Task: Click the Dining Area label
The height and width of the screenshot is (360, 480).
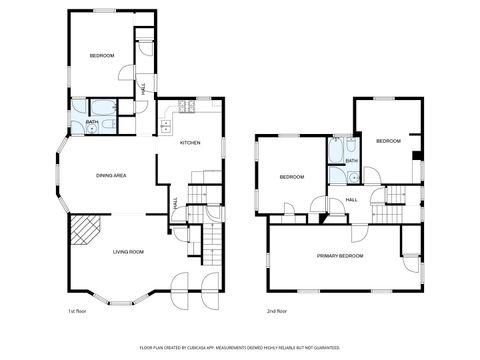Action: click(x=110, y=176)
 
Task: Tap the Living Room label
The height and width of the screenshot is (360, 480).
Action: click(x=128, y=252)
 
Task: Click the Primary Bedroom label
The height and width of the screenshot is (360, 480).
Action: click(x=340, y=257)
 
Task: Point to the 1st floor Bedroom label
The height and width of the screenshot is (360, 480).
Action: click(x=102, y=55)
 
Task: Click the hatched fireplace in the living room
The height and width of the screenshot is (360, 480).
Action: click(x=85, y=232)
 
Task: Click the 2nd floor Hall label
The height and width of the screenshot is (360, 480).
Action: click(x=352, y=200)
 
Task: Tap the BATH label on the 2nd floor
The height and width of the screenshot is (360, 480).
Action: click(x=351, y=160)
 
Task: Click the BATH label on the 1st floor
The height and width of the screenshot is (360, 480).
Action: click(x=91, y=123)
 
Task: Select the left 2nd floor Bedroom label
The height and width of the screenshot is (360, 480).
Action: click(x=291, y=177)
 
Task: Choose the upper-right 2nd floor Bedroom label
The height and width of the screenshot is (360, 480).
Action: click(x=387, y=142)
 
